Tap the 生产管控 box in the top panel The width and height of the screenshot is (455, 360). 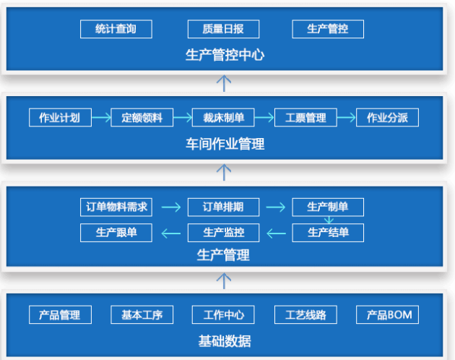point(328,29)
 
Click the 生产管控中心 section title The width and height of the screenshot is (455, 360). point(225,55)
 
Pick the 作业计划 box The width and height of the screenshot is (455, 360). point(59,118)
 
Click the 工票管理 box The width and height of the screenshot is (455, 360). point(305,118)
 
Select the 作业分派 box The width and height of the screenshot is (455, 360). point(387,118)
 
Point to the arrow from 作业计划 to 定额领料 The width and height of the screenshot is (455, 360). point(100,118)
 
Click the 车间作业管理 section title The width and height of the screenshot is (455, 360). point(225,144)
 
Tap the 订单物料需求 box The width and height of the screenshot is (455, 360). point(116,207)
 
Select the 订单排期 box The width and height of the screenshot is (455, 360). point(222,207)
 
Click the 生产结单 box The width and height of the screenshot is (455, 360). point(328,232)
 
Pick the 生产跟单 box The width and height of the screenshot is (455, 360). point(116,232)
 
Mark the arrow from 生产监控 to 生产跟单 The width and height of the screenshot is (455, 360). point(170,233)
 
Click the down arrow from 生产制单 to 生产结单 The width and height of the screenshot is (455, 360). point(329,220)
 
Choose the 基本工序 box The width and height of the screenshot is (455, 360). point(142,314)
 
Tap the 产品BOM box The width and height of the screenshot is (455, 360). point(388,314)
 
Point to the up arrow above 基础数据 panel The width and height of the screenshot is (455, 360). point(225,279)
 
